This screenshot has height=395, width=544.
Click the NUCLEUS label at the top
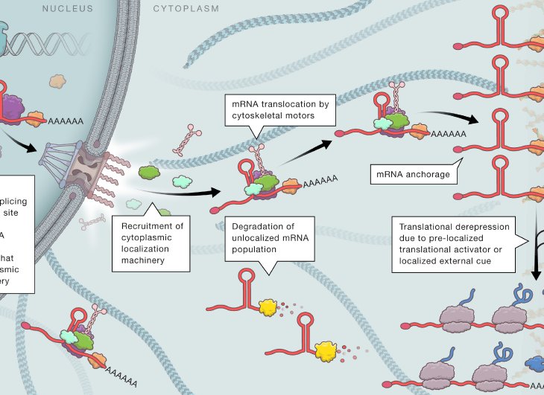(x=68, y=9)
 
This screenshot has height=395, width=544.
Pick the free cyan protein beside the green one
(x=182, y=180)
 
